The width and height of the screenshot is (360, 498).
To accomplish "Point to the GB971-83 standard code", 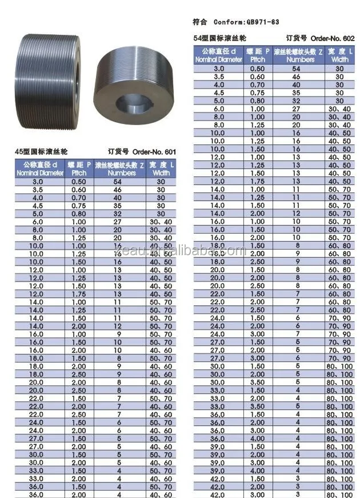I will (259, 22).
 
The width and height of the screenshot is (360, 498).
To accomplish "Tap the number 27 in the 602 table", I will (296, 108).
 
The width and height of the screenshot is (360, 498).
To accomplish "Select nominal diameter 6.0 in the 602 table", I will (219, 108).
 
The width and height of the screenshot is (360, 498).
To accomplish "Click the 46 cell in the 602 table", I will (296, 75).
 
